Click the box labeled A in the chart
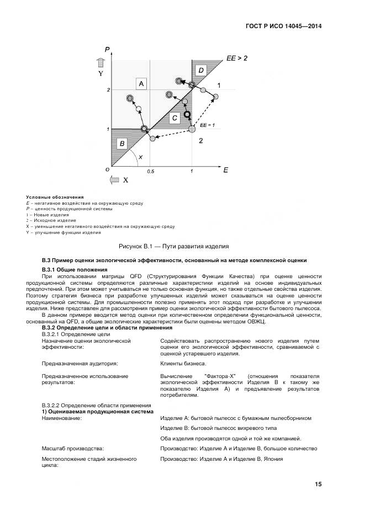tap(141, 83)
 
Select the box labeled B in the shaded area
tap(121, 143)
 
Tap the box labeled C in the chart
tap(174, 118)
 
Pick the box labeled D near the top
tap(201, 70)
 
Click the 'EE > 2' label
tap(237, 57)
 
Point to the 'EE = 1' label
tap(207, 125)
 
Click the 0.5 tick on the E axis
tap(150, 172)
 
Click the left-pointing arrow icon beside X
tap(114, 180)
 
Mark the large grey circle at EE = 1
tap(192, 129)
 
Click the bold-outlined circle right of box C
tap(187, 114)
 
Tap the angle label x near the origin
tap(140, 157)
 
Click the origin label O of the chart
tap(107, 169)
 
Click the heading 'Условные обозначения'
tap(55, 197)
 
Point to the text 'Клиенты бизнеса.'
tap(183, 363)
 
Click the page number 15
tap(318, 484)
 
